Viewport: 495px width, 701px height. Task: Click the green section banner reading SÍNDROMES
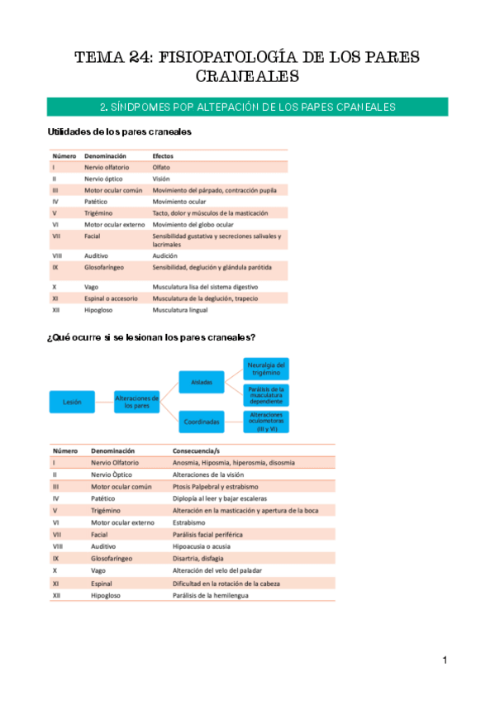coord(247,107)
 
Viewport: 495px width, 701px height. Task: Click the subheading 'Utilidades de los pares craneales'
coord(120,132)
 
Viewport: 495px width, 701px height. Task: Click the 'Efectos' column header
coord(163,155)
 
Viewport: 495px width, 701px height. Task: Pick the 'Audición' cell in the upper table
coord(164,255)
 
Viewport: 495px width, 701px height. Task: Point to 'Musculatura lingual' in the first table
coord(179,310)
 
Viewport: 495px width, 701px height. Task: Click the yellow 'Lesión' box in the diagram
coord(72,403)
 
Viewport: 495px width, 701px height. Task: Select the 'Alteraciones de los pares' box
coord(136,403)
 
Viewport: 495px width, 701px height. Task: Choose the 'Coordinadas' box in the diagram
coord(202,422)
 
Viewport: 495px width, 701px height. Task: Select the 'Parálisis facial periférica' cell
coord(207,535)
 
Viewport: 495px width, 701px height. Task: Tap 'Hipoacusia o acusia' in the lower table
coord(201,546)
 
